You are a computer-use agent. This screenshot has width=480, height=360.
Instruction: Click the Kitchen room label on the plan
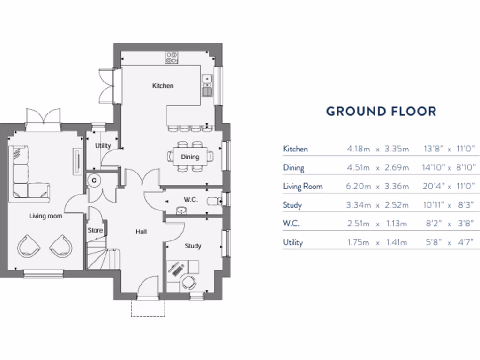[x=163, y=86]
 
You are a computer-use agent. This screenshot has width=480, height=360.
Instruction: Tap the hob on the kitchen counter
[x=172, y=58]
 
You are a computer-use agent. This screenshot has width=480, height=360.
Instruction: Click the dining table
[x=190, y=157]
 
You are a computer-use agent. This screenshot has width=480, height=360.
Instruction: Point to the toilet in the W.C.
[x=215, y=200]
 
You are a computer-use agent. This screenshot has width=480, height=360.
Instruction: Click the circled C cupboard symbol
[x=94, y=180]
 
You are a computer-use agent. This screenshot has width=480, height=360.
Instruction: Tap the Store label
[x=95, y=230]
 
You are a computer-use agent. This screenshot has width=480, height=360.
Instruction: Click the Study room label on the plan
[x=193, y=246]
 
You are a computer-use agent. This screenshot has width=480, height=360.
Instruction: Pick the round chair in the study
[x=189, y=282]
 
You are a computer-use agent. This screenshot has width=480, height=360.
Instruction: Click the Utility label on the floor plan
[x=103, y=146]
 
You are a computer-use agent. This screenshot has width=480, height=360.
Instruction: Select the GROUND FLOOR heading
[x=381, y=111]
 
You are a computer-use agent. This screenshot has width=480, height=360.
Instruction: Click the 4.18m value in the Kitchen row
[x=358, y=149]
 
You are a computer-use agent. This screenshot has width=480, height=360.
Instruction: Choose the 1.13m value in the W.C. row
[x=397, y=224]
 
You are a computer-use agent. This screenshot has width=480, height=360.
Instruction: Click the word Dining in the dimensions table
[x=293, y=168]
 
